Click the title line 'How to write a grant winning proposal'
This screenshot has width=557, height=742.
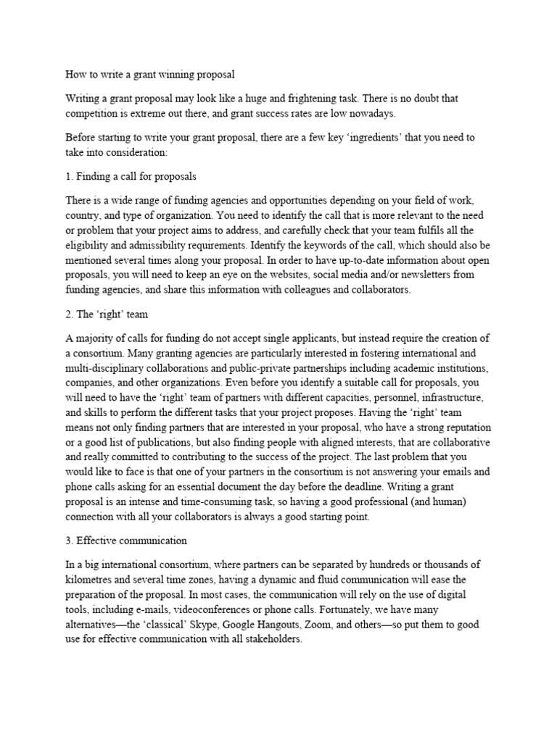click(x=150, y=74)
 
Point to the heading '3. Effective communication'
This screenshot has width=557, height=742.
click(x=126, y=540)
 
